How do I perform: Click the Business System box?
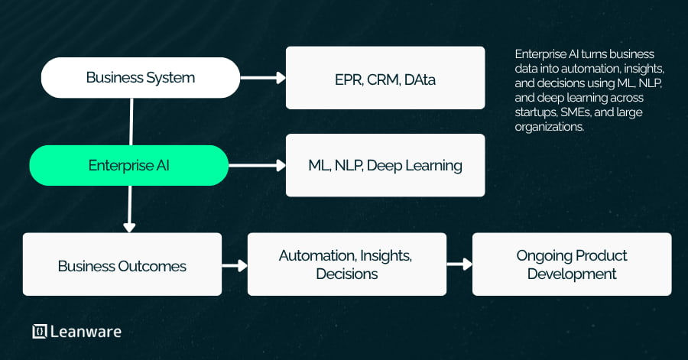(140, 77)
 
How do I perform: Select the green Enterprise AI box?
(128, 165)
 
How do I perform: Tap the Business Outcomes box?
(122, 266)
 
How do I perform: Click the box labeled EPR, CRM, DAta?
(385, 78)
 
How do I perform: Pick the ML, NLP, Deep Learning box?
(385, 165)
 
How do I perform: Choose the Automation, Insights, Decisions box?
(346, 264)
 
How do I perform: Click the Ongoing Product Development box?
(572, 264)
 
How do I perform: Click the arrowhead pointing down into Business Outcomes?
(129, 226)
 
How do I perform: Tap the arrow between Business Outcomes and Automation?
(235, 266)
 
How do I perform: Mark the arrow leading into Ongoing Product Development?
(459, 264)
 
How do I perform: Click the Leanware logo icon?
(40, 331)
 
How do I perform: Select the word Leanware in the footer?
(86, 331)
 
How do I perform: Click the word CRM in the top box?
(382, 78)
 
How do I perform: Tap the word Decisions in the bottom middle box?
(346, 274)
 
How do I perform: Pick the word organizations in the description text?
(550, 128)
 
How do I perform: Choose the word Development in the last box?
(572, 274)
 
